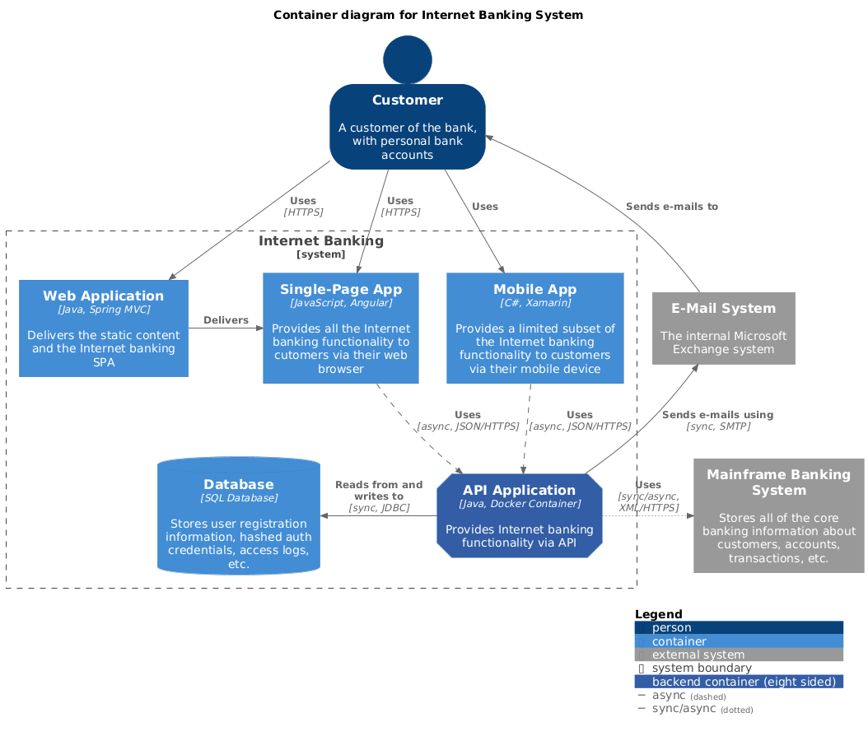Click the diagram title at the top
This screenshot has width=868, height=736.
(428, 15)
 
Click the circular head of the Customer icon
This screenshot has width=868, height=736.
(408, 59)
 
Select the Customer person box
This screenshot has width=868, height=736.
(408, 127)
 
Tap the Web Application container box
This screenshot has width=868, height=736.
(104, 328)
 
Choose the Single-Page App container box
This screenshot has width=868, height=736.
(341, 328)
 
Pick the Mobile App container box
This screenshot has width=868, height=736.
(535, 328)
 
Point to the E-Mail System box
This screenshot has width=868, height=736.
(723, 328)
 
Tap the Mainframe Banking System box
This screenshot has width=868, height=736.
(778, 516)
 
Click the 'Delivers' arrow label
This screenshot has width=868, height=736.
(226, 319)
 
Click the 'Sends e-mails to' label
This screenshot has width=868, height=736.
(671, 207)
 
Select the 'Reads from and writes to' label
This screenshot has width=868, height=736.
(379, 491)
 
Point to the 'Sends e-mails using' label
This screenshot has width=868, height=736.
(717, 415)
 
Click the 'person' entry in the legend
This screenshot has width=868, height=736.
(671, 628)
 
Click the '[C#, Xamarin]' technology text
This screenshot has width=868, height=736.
(535, 303)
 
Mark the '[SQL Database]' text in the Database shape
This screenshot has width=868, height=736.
(238, 498)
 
